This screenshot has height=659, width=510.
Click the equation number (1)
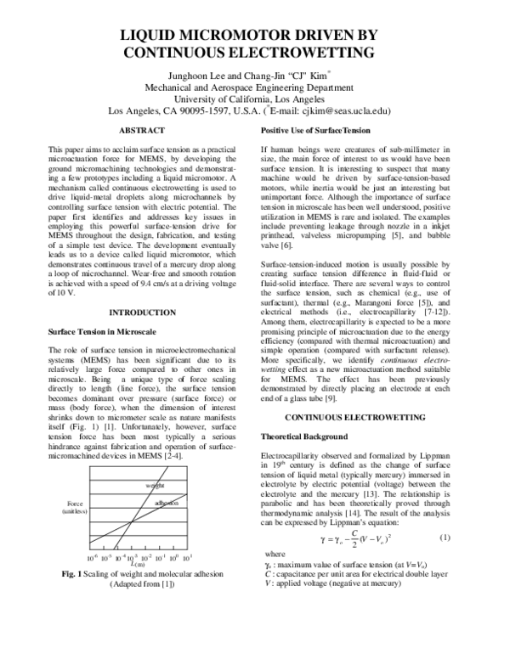[x=444, y=539]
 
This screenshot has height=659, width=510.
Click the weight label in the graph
[x=154, y=484]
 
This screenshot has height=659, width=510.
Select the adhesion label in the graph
[x=166, y=503]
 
